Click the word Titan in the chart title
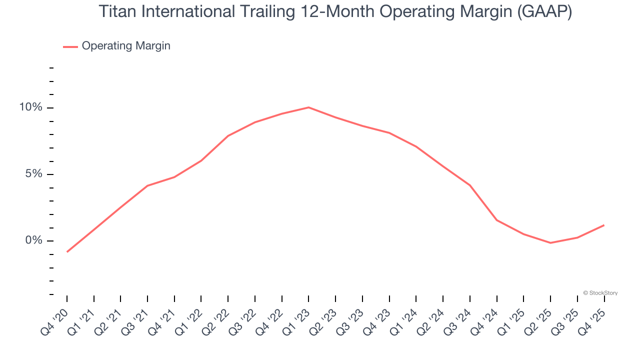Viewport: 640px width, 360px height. click(x=116, y=11)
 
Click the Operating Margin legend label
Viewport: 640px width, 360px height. click(x=126, y=46)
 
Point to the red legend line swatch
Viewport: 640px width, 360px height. click(x=70, y=46)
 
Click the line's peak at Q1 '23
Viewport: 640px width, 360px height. click(x=308, y=107)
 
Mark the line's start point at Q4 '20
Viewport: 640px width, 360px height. click(x=67, y=251)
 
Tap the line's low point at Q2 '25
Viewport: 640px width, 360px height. click(x=550, y=243)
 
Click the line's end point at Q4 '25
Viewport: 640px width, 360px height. click(x=604, y=225)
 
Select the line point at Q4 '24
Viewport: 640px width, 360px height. click(x=497, y=220)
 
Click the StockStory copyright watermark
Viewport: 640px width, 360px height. click(x=600, y=293)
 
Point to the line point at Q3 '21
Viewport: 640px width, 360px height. click(x=147, y=185)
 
